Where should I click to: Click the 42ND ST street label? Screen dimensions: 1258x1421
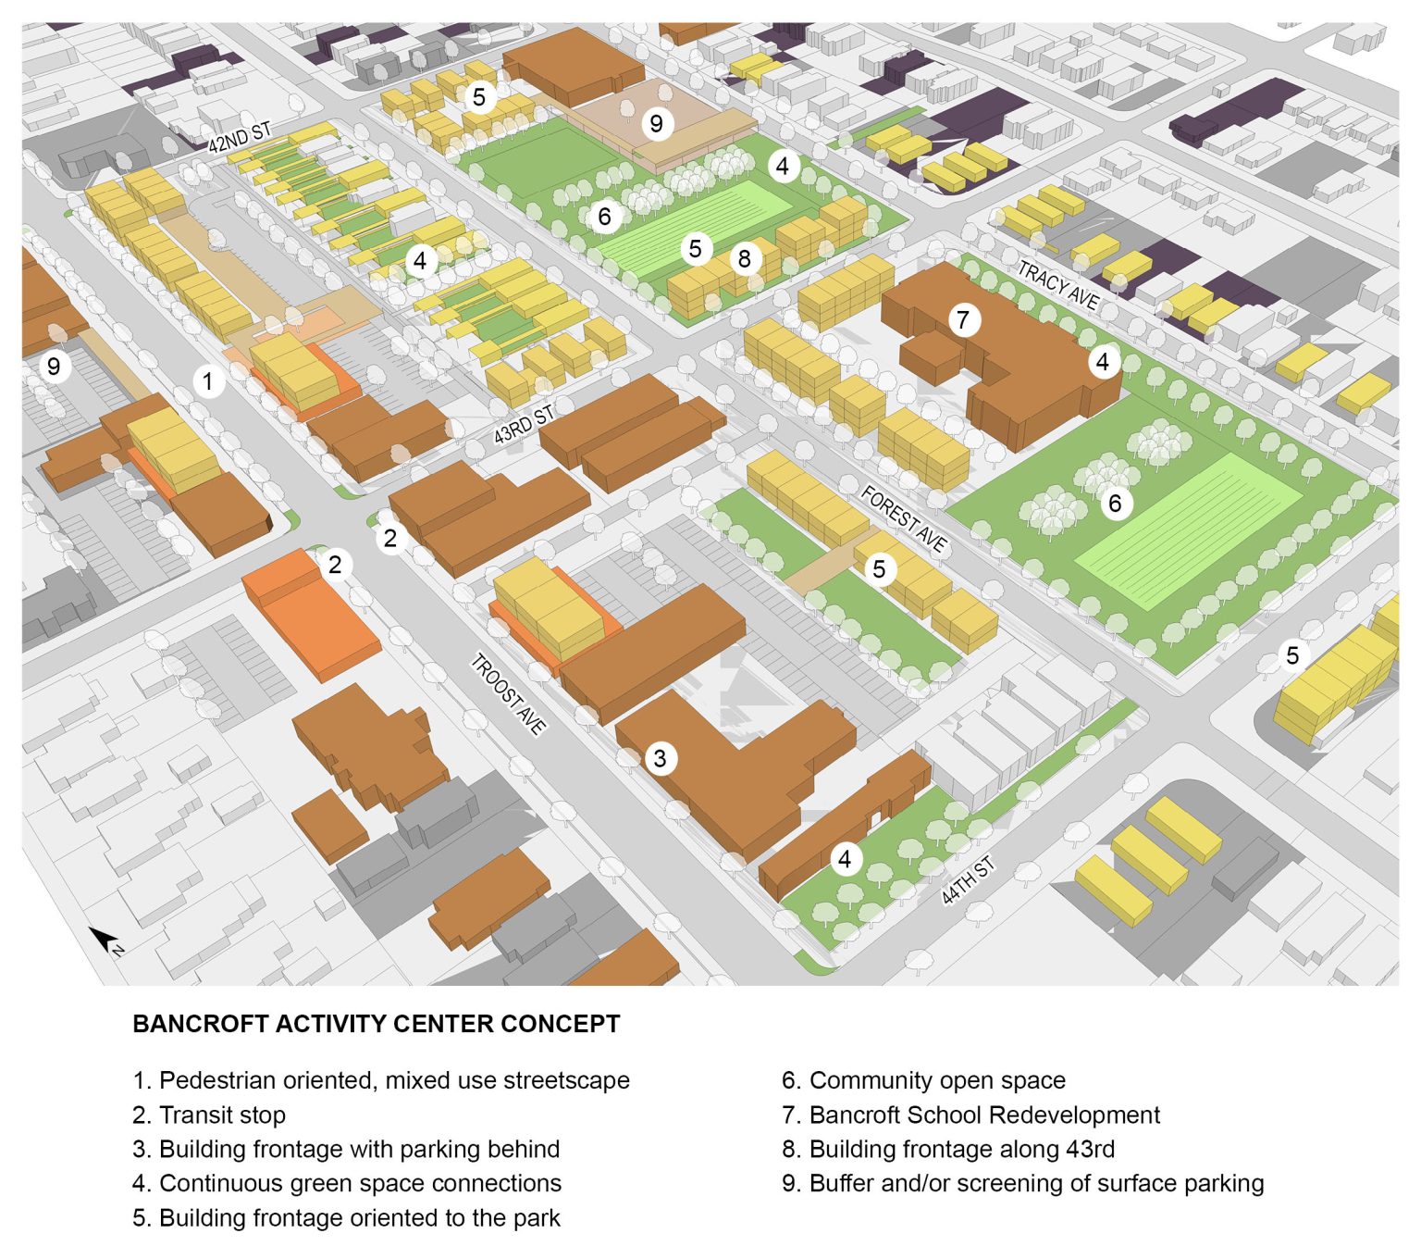[x=239, y=137]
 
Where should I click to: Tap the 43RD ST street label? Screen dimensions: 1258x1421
[x=523, y=423]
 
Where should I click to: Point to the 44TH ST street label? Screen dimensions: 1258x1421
[x=968, y=880]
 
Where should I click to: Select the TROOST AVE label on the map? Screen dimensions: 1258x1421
[x=508, y=693]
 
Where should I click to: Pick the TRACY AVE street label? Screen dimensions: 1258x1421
[x=1058, y=284]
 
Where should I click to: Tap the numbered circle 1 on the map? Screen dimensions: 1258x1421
[x=208, y=380]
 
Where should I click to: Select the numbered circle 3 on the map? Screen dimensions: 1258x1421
[x=660, y=759]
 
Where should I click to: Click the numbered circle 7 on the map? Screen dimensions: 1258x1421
[x=963, y=320]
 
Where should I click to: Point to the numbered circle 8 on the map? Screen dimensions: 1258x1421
[x=744, y=258]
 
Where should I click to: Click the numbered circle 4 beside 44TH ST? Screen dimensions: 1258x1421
[x=844, y=860]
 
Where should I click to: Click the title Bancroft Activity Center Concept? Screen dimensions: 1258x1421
[x=376, y=1024]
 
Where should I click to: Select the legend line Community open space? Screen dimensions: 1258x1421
[x=923, y=1080]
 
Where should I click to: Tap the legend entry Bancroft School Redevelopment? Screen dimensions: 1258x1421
[x=970, y=1115]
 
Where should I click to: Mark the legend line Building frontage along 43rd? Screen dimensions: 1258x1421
[x=947, y=1149]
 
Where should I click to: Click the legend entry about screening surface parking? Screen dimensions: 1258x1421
[x=1022, y=1183]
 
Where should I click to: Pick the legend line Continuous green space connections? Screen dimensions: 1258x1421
[x=347, y=1183]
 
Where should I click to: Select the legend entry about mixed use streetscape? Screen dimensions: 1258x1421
[x=380, y=1080]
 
